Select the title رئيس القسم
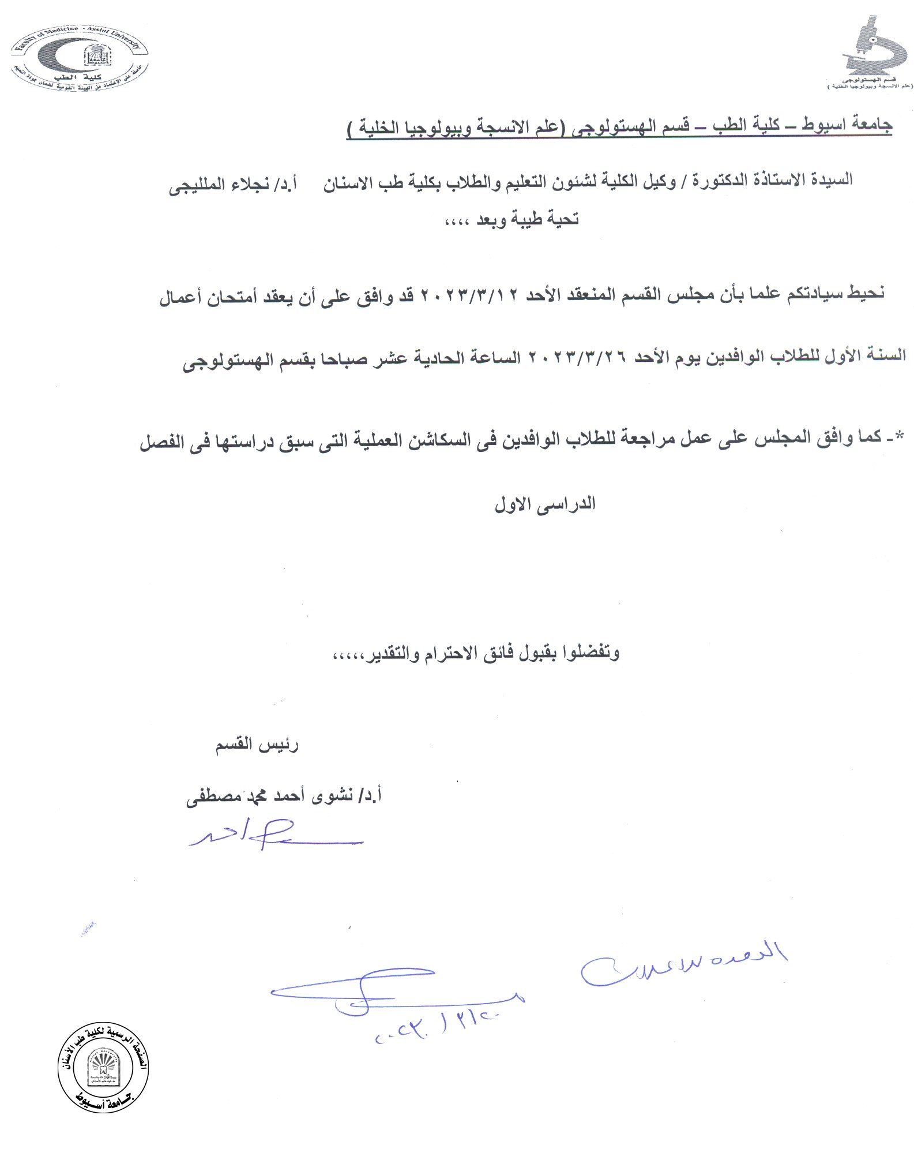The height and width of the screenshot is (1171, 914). point(257,745)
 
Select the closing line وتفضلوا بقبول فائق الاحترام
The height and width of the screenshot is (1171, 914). point(476,653)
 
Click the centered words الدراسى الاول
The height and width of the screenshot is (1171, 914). point(545,504)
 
